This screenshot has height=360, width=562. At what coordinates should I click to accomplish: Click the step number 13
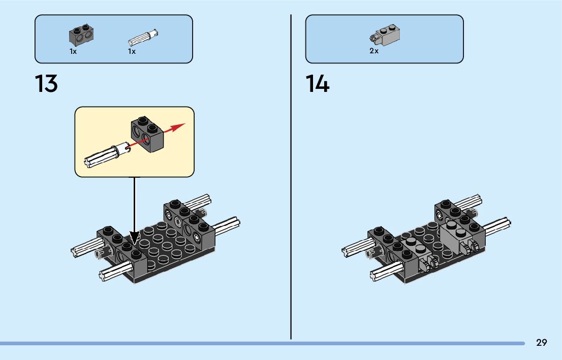pos(46,84)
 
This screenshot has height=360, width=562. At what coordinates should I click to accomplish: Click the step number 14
pos(318,84)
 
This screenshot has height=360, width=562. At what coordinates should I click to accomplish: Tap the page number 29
pos(541,343)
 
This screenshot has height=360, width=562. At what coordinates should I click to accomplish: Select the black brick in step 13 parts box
pos(83,35)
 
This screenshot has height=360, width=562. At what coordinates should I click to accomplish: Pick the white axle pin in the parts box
pos(144,38)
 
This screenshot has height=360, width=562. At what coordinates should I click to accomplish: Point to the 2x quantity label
pos(374,51)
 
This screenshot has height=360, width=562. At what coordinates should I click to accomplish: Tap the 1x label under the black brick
pos(73,51)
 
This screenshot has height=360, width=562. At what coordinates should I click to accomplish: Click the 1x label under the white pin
pos(132,51)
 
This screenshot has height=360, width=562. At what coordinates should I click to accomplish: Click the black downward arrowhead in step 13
pos(135,237)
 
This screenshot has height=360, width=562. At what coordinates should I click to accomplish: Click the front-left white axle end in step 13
pos(108,274)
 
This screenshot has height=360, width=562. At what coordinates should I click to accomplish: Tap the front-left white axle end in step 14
pos(379,274)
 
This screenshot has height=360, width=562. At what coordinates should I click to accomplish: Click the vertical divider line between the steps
pos(291,178)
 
